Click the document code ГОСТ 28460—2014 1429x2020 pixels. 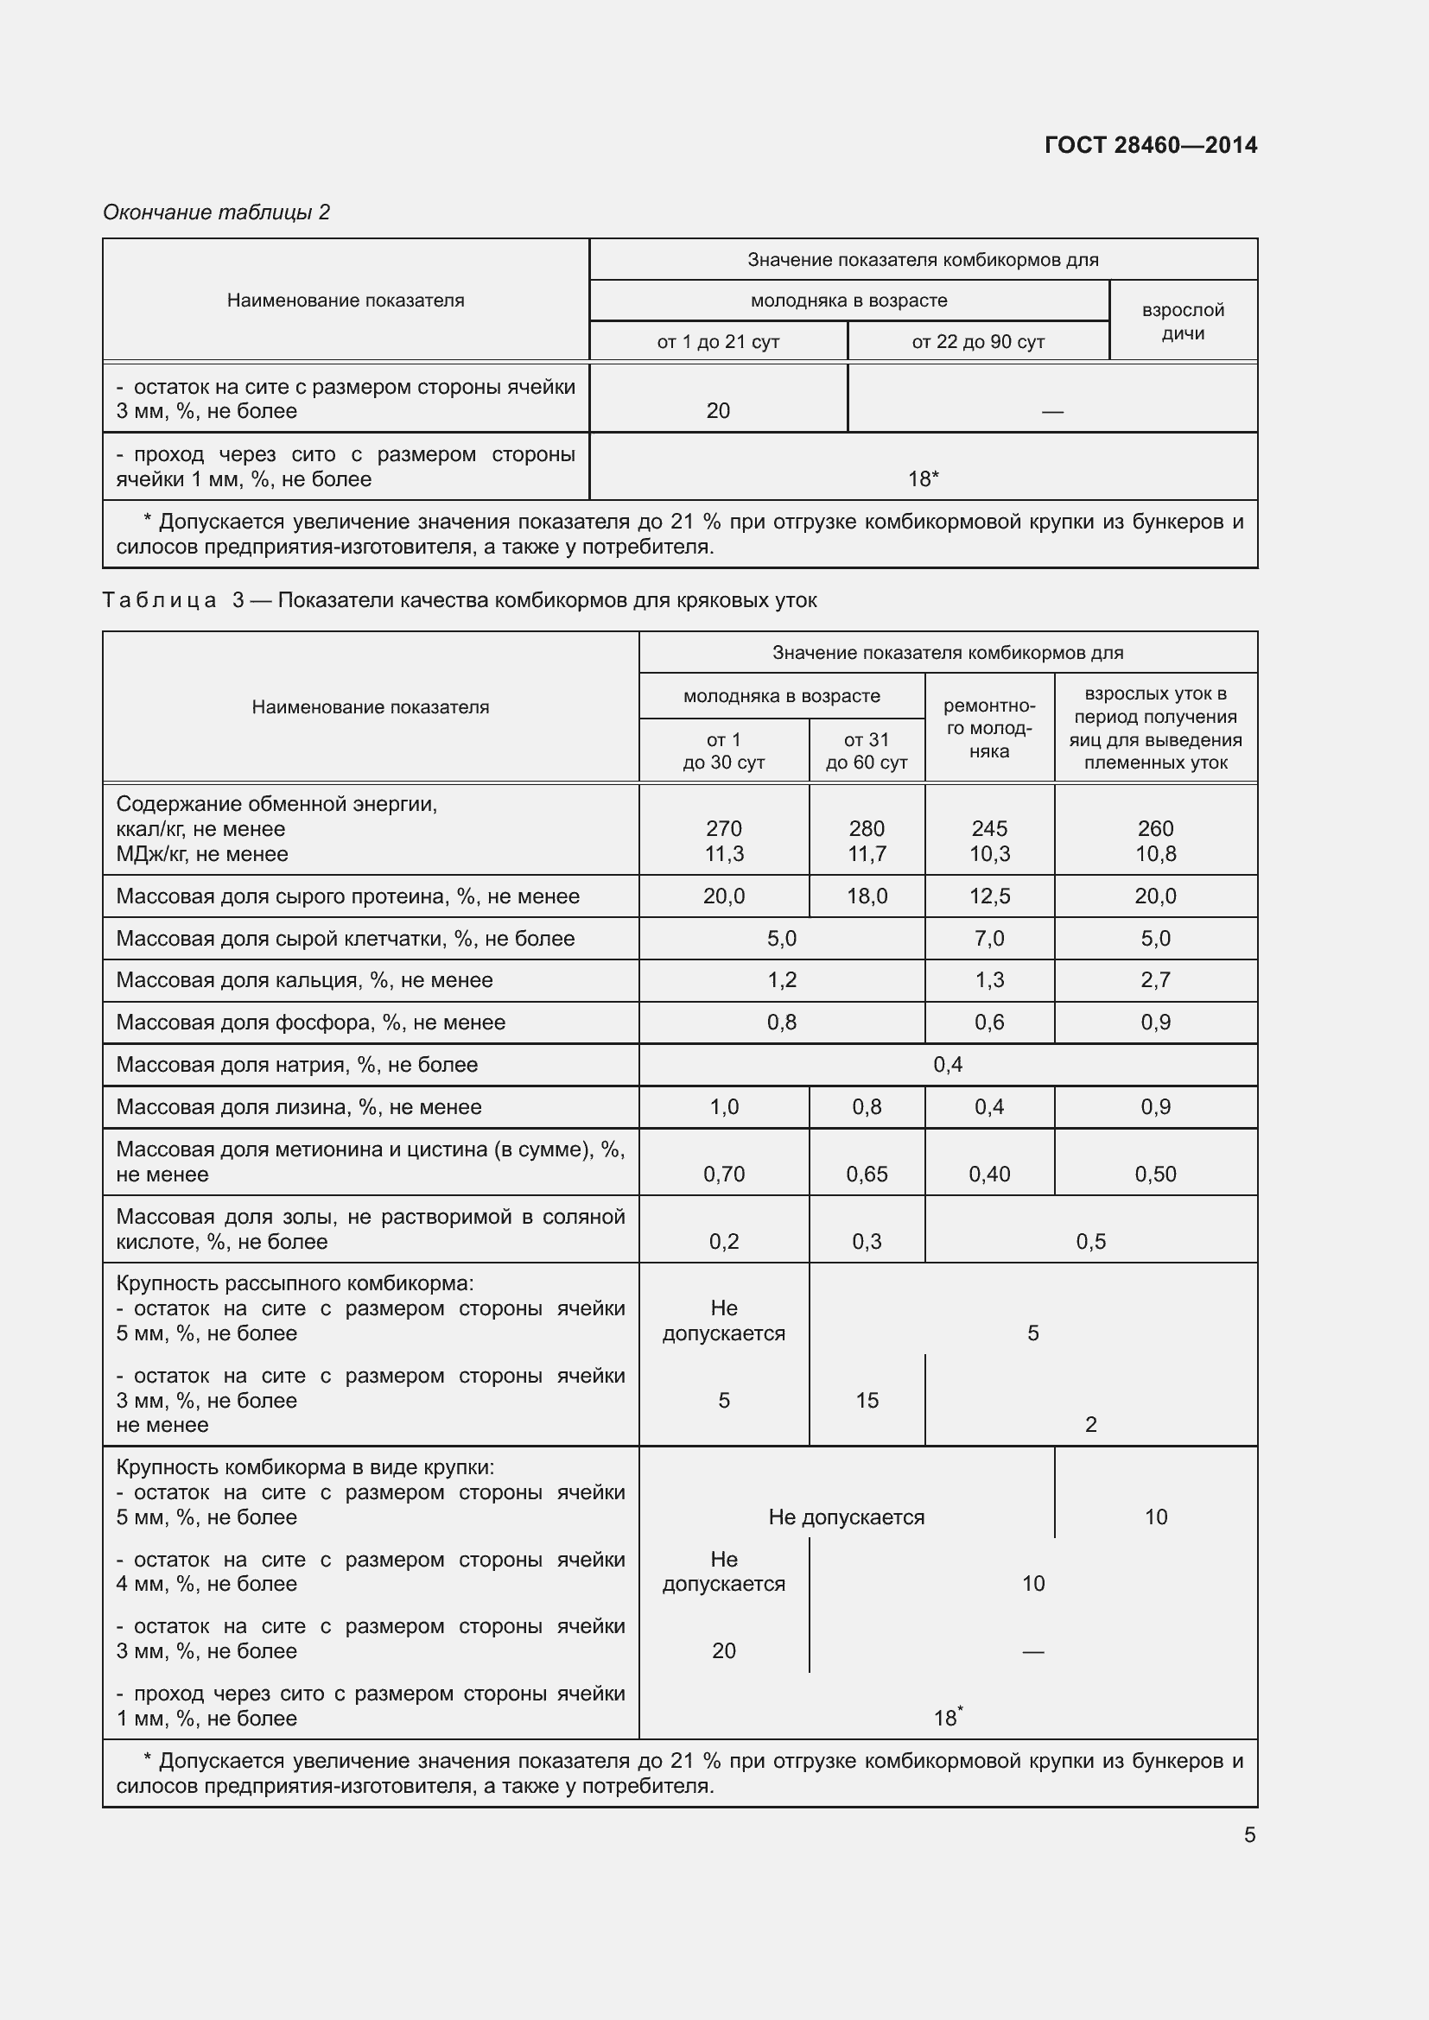[x=1150, y=145]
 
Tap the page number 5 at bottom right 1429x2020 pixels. [x=1249, y=1834]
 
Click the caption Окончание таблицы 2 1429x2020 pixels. [x=216, y=212]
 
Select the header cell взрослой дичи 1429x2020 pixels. [x=1183, y=321]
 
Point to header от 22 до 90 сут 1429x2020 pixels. [x=978, y=341]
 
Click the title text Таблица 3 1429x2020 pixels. [x=173, y=600]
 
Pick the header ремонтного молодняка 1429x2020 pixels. [x=989, y=727]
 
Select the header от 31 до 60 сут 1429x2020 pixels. [x=866, y=750]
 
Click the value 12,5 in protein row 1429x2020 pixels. [x=989, y=896]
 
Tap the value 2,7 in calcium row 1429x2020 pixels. [x=1154, y=979]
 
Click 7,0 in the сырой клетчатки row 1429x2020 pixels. [x=989, y=938]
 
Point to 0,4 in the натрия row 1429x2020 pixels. [x=948, y=1065]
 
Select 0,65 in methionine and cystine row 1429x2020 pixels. [x=866, y=1174]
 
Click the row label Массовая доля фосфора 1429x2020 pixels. [x=311, y=1023]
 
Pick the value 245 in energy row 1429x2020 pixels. [x=989, y=828]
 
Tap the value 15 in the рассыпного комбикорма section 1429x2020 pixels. [x=866, y=1400]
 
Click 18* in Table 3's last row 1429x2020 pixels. [x=947, y=1718]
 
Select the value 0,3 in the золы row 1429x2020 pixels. [x=866, y=1241]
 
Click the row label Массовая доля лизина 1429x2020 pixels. [x=298, y=1107]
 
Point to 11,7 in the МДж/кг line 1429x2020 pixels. [x=866, y=853]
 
